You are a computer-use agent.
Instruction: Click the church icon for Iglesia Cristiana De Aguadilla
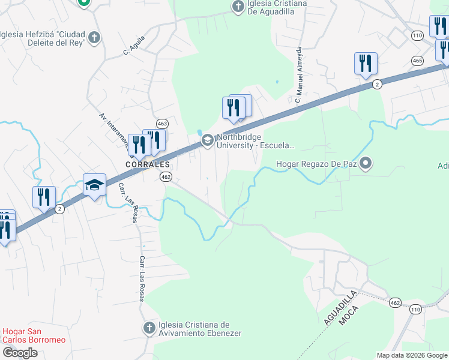coord(238,7)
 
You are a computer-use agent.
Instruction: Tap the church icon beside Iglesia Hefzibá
coord(94,38)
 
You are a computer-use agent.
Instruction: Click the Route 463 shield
coord(162,123)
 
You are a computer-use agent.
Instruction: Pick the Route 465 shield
coord(418,60)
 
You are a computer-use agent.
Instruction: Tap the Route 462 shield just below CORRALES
coord(166,176)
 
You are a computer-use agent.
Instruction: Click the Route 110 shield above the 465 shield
coord(417,36)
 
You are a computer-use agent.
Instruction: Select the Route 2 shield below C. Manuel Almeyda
coord(376,83)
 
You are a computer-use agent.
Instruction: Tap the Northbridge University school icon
coord(208,140)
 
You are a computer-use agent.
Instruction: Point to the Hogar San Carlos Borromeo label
coord(34,335)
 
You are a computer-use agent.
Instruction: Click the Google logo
coord(20,353)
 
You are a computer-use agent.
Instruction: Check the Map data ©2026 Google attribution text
coord(412,355)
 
